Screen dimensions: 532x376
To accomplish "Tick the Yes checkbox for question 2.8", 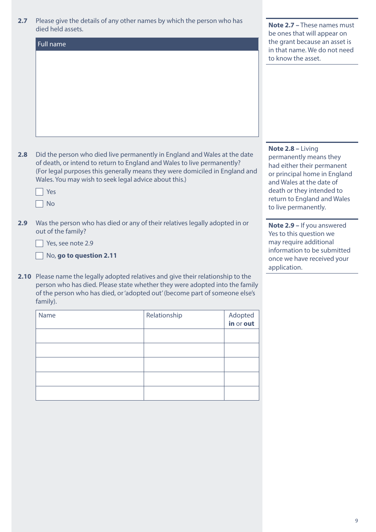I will [40, 192].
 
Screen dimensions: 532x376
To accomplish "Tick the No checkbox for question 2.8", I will [40, 204].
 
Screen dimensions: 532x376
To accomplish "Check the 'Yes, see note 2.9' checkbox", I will [40, 243].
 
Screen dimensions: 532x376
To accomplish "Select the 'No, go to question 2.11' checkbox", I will [40, 256].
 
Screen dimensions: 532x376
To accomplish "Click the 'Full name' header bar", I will [147, 44].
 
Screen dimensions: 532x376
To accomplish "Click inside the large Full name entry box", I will [147, 93].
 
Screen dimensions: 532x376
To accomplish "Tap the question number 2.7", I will [23, 21].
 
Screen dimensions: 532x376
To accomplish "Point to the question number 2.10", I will [24, 277].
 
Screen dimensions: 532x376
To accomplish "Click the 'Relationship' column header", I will [164, 315].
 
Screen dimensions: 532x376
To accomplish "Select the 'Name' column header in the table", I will [47, 315].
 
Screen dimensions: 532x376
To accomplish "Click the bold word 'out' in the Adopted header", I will [249, 324].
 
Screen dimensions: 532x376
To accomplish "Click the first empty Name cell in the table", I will [90, 336].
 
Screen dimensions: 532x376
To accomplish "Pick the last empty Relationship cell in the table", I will [184, 393].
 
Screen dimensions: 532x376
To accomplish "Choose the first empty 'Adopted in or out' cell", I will [241, 336].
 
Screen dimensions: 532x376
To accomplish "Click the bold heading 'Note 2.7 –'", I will [283, 25].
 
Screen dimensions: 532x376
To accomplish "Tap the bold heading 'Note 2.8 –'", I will [283, 149].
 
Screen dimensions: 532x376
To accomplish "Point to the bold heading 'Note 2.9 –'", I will [283, 226].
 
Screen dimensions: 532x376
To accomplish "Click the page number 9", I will [356, 521].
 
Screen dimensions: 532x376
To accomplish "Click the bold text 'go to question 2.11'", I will [87, 256].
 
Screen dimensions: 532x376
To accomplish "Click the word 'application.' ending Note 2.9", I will [285, 268].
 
